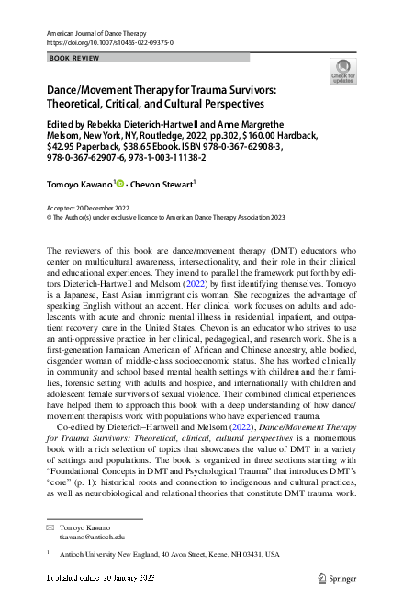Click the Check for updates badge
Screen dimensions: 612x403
pyautogui.click(x=342, y=70)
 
